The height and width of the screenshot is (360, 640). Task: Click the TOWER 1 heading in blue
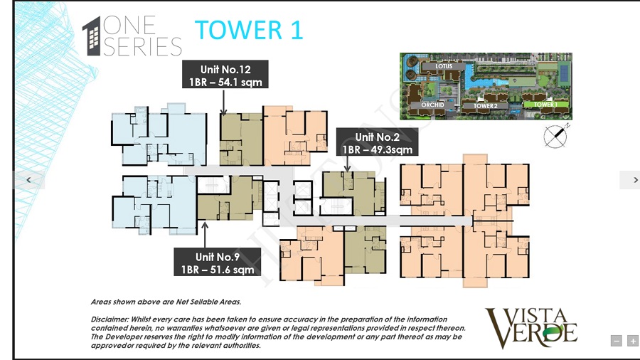click(x=249, y=30)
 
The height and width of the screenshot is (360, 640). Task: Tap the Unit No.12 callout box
click(x=225, y=75)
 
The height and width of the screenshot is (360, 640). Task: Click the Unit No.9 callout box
click(x=218, y=263)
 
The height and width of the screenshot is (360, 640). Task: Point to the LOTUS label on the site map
click(x=444, y=67)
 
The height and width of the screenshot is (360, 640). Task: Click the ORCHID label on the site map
click(x=432, y=105)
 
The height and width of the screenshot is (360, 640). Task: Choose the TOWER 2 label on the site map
click(x=480, y=105)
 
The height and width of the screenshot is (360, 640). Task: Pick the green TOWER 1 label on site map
click(x=545, y=105)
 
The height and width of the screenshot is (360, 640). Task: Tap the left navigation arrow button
click(x=29, y=181)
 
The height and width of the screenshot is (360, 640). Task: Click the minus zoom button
click(x=617, y=341)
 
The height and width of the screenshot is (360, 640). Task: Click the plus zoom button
click(x=632, y=341)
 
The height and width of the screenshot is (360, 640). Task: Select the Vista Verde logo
click(x=532, y=327)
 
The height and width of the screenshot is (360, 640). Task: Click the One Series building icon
click(x=91, y=37)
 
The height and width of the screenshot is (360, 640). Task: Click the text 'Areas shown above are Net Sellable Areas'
click(x=166, y=302)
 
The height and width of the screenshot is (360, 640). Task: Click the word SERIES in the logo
click(x=143, y=47)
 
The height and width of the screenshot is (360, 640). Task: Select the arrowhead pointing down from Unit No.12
click(x=224, y=112)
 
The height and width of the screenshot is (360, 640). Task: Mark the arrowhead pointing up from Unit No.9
click(x=205, y=224)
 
